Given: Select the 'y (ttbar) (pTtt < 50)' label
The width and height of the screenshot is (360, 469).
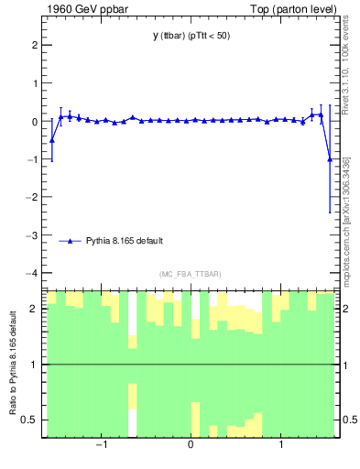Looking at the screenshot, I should (x=191, y=36).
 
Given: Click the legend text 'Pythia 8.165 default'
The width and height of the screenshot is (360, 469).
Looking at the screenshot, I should (x=125, y=241).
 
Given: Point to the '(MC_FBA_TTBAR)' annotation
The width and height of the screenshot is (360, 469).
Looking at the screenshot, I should (x=191, y=274).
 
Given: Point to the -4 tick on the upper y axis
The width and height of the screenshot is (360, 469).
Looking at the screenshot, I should (x=33, y=273).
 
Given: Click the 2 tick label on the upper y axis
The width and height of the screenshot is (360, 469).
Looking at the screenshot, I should (x=35, y=45).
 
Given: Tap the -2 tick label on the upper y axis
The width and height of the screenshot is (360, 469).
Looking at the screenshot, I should (x=33, y=197).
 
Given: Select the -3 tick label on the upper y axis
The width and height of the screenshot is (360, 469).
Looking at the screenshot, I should (x=33, y=235).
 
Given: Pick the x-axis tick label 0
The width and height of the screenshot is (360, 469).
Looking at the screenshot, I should (x=191, y=446).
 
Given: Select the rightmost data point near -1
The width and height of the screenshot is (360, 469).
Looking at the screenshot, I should (x=330, y=159).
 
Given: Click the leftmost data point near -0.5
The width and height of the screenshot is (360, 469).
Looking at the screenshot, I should (x=52, y=140).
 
